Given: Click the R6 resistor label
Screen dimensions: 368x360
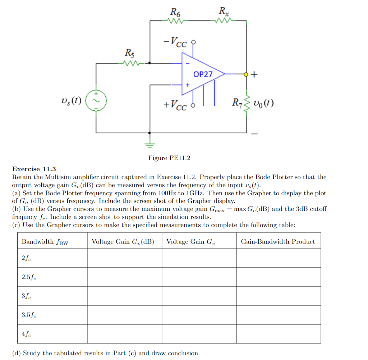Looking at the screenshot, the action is [x=175, y=13].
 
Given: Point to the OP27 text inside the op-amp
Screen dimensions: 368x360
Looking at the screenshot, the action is [x=203, y=74].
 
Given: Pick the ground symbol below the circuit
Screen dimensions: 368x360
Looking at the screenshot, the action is [x=150, y=144].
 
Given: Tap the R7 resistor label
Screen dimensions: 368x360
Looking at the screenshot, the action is [x=237, y=103].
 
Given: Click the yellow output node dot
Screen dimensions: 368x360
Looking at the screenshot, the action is [x=246, y=74].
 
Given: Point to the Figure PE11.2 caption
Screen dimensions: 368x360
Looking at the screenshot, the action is [x=169, y=158].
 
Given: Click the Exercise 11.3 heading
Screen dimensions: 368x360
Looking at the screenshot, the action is [x=34, y=169].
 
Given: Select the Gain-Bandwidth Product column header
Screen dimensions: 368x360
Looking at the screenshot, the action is [x=278, y=241].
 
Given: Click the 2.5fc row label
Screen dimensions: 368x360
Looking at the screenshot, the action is [x=29, y=277].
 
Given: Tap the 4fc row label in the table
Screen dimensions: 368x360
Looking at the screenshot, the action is [x=26, y=334].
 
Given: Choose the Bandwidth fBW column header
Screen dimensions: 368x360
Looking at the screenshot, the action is [x=45, y=242].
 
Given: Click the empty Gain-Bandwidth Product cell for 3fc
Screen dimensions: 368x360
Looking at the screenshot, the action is [x=279, y=296].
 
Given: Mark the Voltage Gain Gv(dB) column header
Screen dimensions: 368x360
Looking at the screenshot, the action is [x=123, y=242].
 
